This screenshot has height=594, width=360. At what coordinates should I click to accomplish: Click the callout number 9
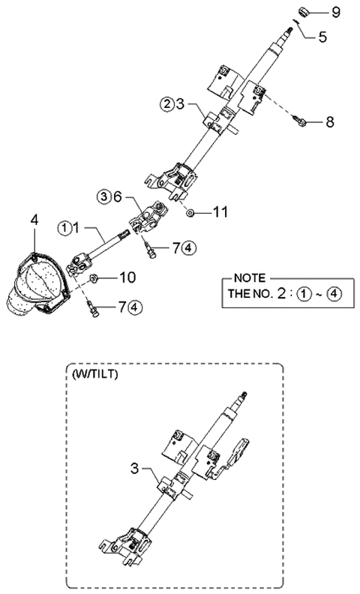(335, 13)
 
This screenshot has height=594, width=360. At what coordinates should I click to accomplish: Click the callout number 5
(322, 34)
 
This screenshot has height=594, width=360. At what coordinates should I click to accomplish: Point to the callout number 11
(220, 212)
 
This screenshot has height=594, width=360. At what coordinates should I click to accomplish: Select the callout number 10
(127, 278)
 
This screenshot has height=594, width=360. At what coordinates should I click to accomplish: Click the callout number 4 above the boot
(34, 220)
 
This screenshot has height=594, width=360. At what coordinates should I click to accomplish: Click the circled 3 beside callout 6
(103, 196)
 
